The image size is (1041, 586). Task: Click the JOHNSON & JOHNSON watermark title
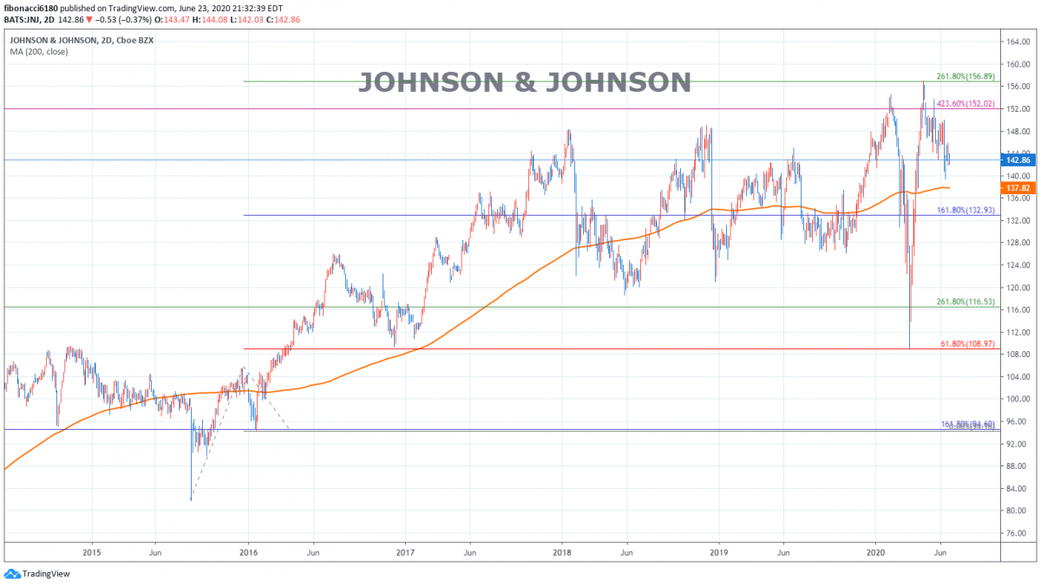point(525,82)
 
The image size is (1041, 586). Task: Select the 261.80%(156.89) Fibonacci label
point(970,75)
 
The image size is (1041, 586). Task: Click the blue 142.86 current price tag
point(1015,160)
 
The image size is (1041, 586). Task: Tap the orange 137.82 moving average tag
point(1015,187)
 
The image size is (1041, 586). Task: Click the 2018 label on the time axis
point(561,551)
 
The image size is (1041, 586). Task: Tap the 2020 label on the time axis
point(874,551)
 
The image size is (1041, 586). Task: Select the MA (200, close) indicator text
point(38,52)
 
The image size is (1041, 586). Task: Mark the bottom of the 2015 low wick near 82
point(191,499)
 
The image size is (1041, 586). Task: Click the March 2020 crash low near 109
point(909,348)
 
